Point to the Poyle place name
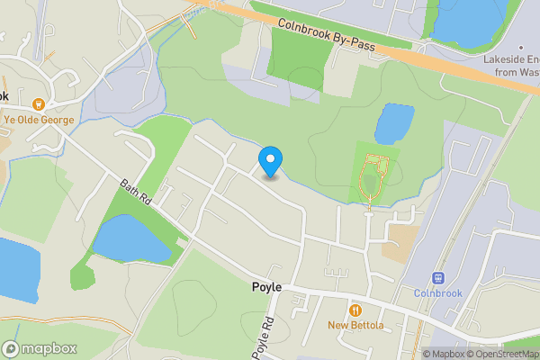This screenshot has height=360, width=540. point(266,287)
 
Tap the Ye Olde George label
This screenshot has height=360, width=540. point(39,118)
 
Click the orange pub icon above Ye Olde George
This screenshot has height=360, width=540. point(39,103)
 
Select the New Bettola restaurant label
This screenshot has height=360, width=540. point(355,325)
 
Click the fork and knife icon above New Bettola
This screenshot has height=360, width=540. point(355,310)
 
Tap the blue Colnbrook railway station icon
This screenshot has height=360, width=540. point(439,278)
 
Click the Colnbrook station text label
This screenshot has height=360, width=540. point(438,293)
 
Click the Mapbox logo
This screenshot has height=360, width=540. point(40,348)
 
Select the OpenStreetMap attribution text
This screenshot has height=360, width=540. point(500,354)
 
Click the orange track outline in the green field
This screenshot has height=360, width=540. point(373,176)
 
